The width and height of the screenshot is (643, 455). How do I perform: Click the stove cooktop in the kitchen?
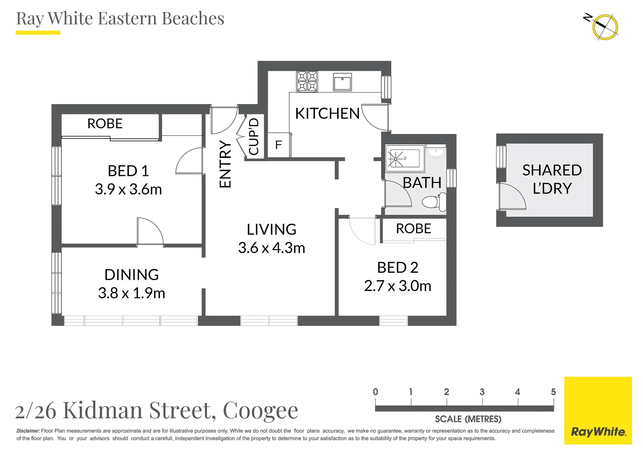click(x=307, y=81)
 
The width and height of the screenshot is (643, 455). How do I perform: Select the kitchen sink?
click(x=342, y=82)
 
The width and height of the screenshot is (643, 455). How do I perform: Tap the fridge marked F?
click(x=278, y=145)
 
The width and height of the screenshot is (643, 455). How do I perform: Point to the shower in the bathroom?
click(x=404, y=158)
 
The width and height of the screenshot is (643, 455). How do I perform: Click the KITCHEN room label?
click(x=327, y=114)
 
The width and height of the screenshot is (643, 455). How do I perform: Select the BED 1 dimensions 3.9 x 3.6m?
click(x=128, y=190)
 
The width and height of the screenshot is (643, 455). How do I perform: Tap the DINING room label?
click(x=131, y=275)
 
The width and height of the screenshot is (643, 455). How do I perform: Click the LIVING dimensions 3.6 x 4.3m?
click(x=271, y=248)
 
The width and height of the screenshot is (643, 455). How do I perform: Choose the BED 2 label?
click(x=397, y=268)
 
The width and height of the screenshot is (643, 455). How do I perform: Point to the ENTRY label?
click(x=226, y=164)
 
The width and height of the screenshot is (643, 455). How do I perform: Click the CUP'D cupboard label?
click(x=254, y=137)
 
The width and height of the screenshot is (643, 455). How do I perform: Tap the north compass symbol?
click(x=605, y=27)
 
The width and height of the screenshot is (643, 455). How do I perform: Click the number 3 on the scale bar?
click(x=482, y=392)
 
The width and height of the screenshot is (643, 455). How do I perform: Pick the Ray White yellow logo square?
click(x=598, y=410)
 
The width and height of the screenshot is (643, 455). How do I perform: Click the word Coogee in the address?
click(x=260, y=410)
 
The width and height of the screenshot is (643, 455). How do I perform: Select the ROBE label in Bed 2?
click(x=413, y=229)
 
